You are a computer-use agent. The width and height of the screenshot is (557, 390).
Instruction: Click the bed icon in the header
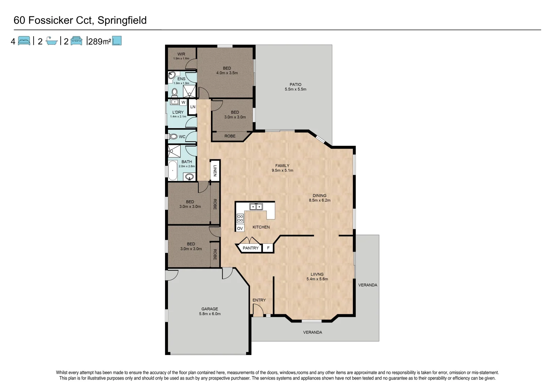pyautogui.click(x=24, y=41)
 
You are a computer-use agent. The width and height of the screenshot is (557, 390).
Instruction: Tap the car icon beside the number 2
pyautogui.click(x=76, y=41)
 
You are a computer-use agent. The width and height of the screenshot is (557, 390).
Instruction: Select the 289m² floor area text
pyautogui.click(x=99, y=42)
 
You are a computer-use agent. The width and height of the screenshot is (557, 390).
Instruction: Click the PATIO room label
pyautogui.click(x=295, y=84)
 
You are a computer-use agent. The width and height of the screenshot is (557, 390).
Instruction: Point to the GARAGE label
pyautogui.click(x=210, y=309)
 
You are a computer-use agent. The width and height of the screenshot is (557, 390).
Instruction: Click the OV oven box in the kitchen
pyautogui.click(x=240, y=228)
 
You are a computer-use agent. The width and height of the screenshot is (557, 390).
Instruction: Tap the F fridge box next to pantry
pyautogui.click(x=268, y=248)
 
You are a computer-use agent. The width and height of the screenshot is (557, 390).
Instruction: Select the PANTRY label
pyautogui.click(x=251, y=248)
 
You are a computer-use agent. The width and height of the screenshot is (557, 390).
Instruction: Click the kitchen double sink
pyautogui.click(x=256, y=207)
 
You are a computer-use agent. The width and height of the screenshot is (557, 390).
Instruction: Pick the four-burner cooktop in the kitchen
pyautogui.click(x=240, y=218)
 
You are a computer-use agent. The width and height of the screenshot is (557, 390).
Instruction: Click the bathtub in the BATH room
pyautogui.click(x=173, y=170)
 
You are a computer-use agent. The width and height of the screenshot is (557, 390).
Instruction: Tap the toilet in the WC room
pyautogui.click(x=173, y=136)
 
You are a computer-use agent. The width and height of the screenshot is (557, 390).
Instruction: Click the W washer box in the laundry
pyautogui.click(x=183, y=102)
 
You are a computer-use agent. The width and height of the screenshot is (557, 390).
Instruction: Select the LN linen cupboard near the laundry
pyautogui.click(x=193, y=107)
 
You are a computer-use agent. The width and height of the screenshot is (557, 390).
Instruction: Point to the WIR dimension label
pyautogui.click(x=181, y=58)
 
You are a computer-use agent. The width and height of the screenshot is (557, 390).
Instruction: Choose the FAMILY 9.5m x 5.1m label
pyautogui.click(x=282, y=168)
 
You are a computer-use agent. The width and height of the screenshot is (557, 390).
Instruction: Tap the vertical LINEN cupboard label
pyautogui.click(x=215, y=170)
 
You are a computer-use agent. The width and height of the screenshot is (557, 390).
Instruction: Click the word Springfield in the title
pyautogui.click(x=122, y=20)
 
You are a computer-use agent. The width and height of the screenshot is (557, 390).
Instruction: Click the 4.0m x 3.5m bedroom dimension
pyautogui.click(x=227, y=73)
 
